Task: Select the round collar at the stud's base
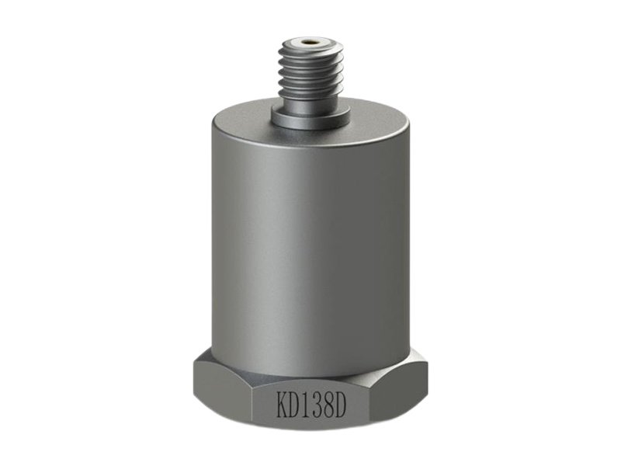click(x=310, y=118)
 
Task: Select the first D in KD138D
click(x=298, y=403)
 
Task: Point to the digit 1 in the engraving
click(x=312, y=403)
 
